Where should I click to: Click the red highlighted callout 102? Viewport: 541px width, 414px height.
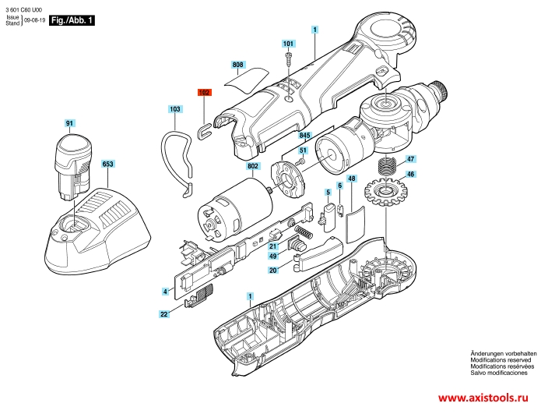(204, 93)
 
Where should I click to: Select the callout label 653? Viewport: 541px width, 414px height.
(107, 164)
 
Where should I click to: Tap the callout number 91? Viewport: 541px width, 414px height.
(70, 123)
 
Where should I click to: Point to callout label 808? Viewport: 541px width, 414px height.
(237, 65)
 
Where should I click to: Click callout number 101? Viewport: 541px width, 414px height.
(288, 44)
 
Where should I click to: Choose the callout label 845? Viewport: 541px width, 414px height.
(304, 136)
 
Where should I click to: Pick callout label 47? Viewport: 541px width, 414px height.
(410, 159)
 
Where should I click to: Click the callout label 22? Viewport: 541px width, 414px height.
(164, 314)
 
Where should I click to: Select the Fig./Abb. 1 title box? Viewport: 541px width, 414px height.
(72, 20)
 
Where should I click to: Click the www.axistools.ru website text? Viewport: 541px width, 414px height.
(483, 398)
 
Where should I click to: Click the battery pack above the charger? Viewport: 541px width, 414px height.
(74, 166)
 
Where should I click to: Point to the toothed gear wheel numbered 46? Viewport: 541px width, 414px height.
(385, 192)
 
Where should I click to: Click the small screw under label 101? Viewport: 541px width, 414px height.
(289, 60)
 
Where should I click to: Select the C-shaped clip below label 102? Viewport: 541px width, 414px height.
(204, 132)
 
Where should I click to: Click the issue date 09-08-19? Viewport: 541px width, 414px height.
(34, 20)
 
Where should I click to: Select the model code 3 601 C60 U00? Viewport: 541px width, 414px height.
(24, 10)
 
